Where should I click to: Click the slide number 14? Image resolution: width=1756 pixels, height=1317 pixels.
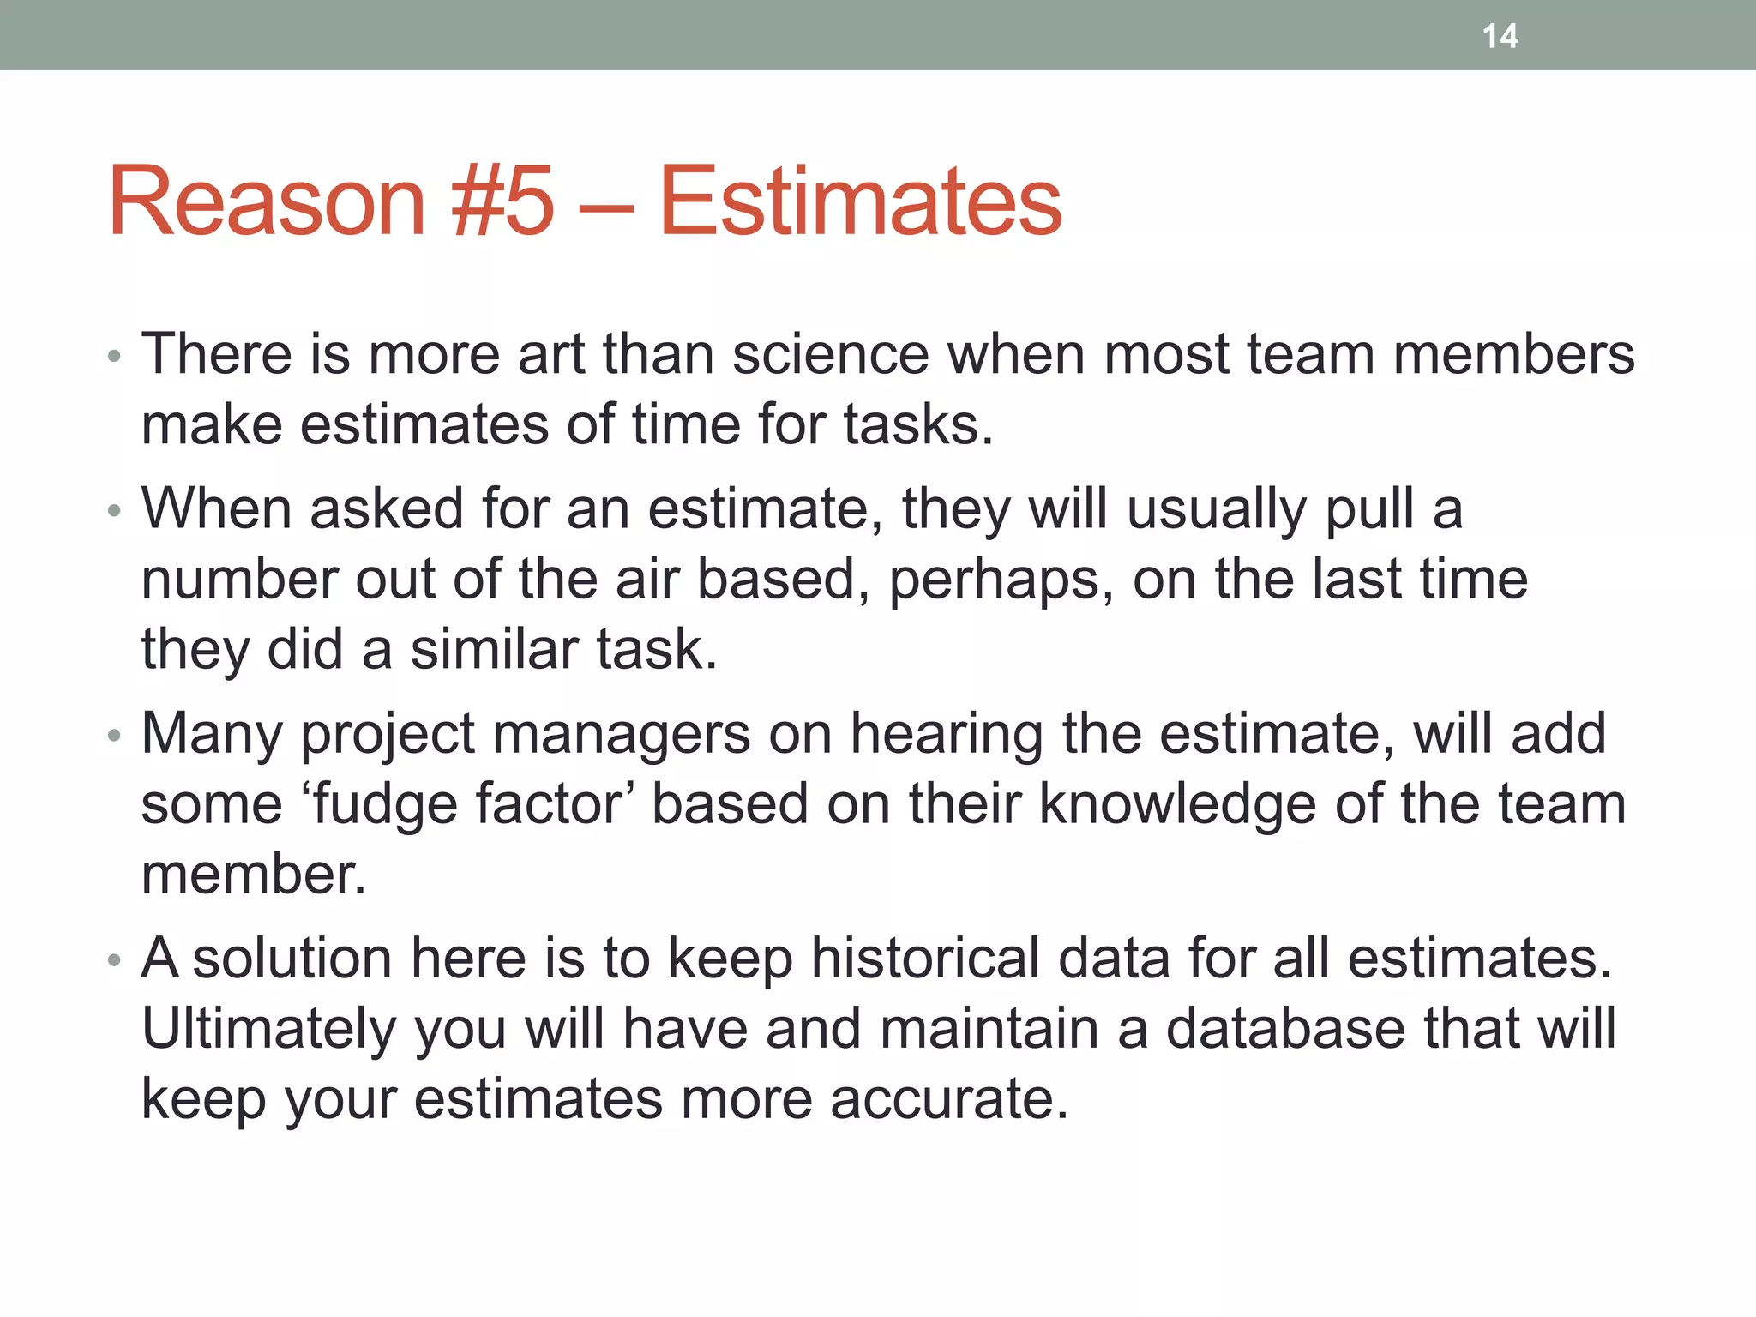1500,36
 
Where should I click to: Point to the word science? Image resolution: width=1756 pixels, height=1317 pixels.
830,354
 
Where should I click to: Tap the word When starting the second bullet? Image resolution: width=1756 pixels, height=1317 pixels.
216,508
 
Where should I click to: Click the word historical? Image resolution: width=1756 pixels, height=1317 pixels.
925,958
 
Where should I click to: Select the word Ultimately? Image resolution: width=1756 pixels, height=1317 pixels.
268,1029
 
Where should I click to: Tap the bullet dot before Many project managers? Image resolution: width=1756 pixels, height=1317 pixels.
115,736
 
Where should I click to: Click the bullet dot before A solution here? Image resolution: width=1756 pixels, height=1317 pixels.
115,959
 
